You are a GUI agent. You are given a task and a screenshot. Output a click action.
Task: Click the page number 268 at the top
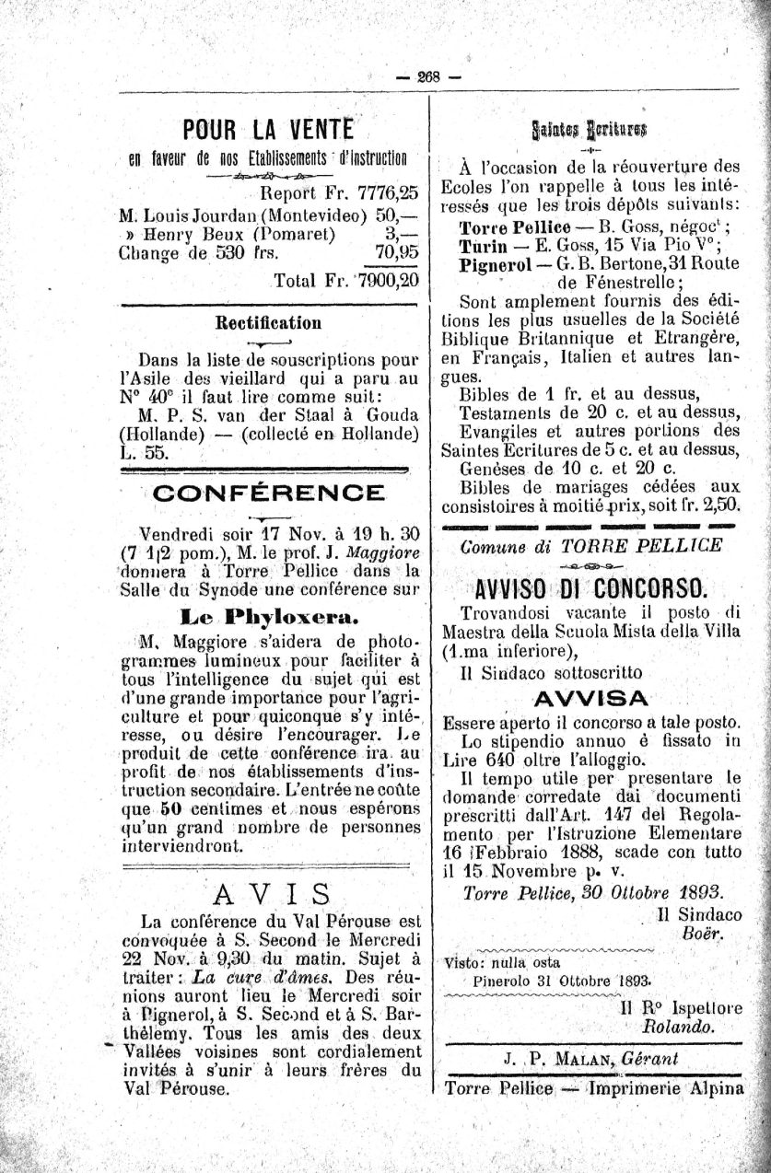428,76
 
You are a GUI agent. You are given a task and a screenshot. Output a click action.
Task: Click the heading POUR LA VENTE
268,130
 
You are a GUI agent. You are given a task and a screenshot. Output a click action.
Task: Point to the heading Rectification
268,323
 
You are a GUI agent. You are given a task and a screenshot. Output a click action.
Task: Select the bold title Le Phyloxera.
269,615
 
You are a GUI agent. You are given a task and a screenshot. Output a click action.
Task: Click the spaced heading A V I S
271,893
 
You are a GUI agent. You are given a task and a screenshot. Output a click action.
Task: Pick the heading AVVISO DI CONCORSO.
591,588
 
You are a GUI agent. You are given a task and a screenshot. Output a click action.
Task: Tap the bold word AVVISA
591,697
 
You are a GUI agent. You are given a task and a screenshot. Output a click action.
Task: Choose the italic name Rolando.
681,1025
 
